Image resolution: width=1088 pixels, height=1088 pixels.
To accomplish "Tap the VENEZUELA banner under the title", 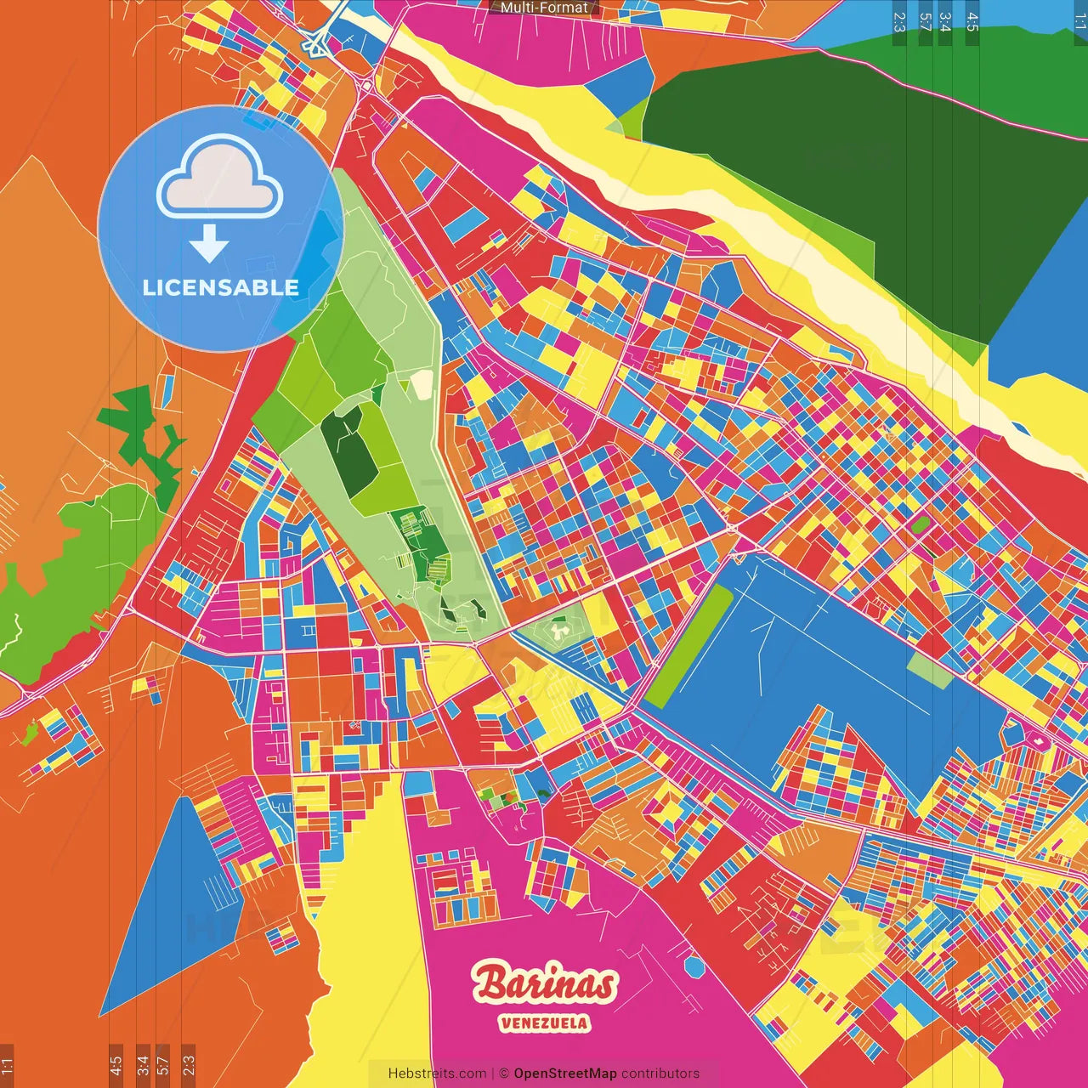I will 544,1023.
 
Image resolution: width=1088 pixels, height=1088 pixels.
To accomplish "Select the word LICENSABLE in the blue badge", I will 220,287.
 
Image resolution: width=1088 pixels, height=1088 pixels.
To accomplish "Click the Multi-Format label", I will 544,8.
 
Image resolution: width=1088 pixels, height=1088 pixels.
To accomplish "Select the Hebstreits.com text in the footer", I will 437,1074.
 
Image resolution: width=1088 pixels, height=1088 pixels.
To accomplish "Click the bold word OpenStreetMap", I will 565,1074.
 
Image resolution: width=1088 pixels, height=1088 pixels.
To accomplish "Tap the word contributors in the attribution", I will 660,1074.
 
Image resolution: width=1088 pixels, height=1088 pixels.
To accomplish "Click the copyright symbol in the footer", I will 503,1074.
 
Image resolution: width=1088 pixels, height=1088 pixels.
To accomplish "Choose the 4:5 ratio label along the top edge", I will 972,21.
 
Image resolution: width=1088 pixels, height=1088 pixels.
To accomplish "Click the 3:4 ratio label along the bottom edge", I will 143,1065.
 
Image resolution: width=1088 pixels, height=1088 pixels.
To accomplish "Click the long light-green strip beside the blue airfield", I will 688,646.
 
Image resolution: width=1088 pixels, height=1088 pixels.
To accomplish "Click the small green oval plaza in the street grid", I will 919,524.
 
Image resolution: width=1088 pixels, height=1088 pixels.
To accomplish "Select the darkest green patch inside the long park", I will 348,450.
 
